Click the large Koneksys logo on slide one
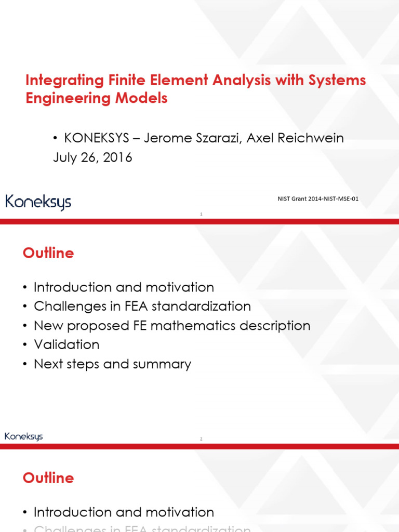coord(38,202)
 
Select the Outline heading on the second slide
coord(48,254)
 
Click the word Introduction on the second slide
coord(72,287)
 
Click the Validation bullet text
coord(66,344)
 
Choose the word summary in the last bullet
coord(165,364)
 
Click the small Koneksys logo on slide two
coord(24,436)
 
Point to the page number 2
coord(201,439)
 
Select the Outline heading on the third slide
coord(48,478)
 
